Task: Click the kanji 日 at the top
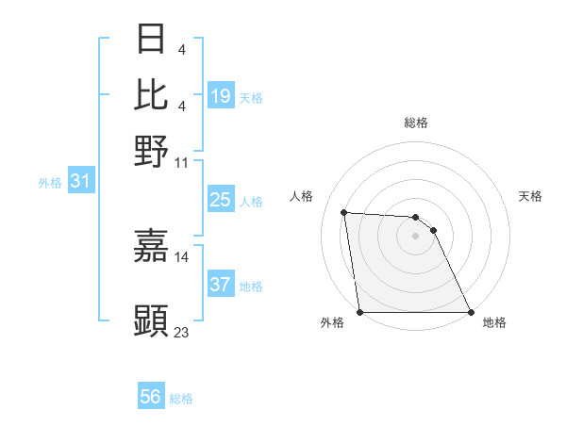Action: pyautogui.click(x=152, y=40)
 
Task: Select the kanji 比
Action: pyautogui.click(x=152, y=94)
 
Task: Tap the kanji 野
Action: pyautogui.click(x=152, y=150)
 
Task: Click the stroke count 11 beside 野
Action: pyautogui.click(x=182, y=162)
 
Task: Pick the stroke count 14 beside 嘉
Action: pyautogui.click(x=182, y=256)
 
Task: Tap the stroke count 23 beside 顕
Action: pyautogui.click(x=182, y=332)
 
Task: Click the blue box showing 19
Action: pyautogui.click(x=221, y=95)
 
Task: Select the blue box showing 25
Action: pyautogui.click(x=221, y=200)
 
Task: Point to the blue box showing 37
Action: pyautogui.click(x=221, y=285)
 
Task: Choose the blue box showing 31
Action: pyautogui.click(x=80, y=181)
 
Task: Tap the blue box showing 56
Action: pyautogui.click(x=151, y=397)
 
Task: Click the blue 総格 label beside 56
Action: pyautogui.click(x=182, y=399)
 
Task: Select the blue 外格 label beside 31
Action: pyautogui.click(x=50, y=183)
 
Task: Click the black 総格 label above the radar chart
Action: pyautogui.click(x=416, y=123)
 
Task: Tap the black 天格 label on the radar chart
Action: pyautogui.click(x=531, y=196)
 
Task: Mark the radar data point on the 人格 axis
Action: pyautogui.click(x=344, y=212)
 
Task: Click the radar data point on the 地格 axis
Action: pyautogui.click(x=471, y=312)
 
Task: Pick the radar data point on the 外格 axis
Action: pyautogui.click(x=359, y=312)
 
